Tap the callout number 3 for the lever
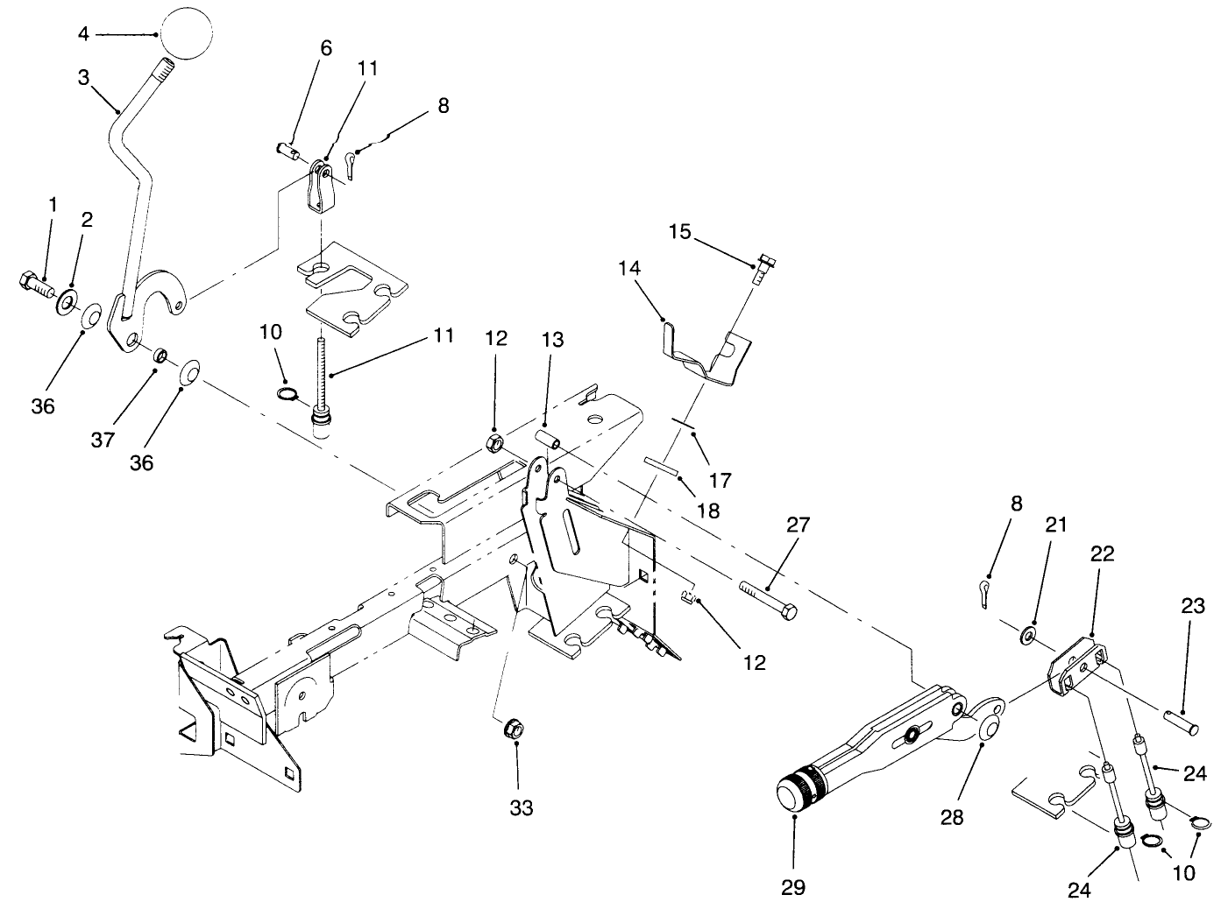click(x=83, y=77)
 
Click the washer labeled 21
click(x=1028, y=632)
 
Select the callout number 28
click(x=952, y=817)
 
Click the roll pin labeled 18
click(x=664, y=464)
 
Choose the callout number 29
click(x=792, y=886)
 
